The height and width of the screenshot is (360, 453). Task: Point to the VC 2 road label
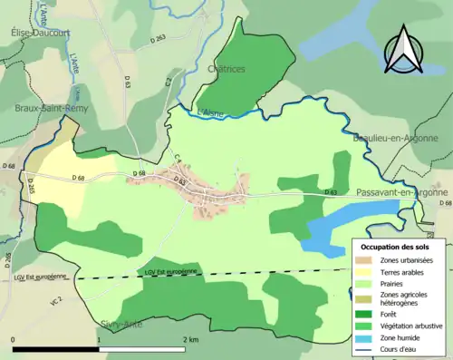coord(56,299)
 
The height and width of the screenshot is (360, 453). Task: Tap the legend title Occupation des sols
coord(395,247)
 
